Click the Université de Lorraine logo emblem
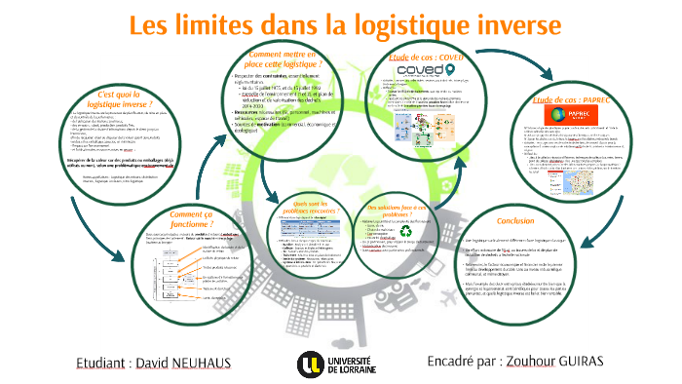307,364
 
